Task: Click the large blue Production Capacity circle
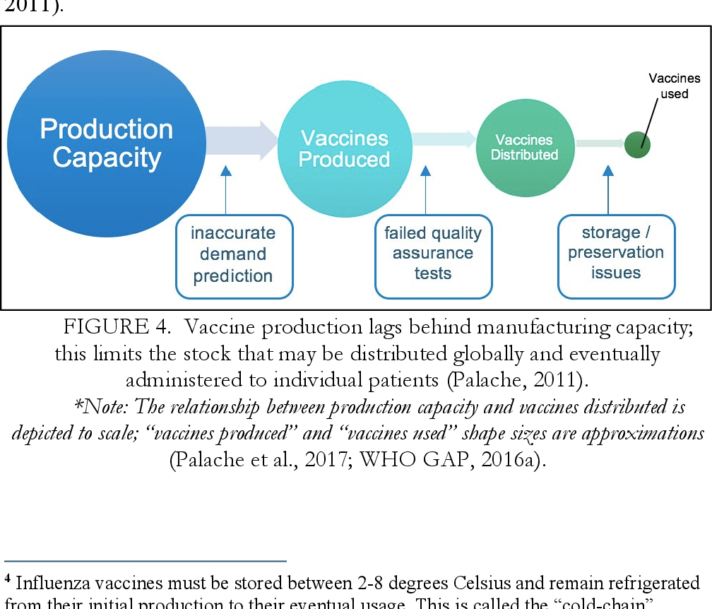click(106, 141)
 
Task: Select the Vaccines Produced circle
click(345, 148)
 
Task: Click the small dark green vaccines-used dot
click(637, 145)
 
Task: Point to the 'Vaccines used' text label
click(674, 85)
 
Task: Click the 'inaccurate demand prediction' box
click(233, 254)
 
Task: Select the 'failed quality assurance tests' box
click(432, 253)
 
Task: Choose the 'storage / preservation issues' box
click(616, 253)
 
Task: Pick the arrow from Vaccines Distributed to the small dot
click(598, 143)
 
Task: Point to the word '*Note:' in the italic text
click(101, 407)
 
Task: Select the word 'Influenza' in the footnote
click(48, 584)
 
